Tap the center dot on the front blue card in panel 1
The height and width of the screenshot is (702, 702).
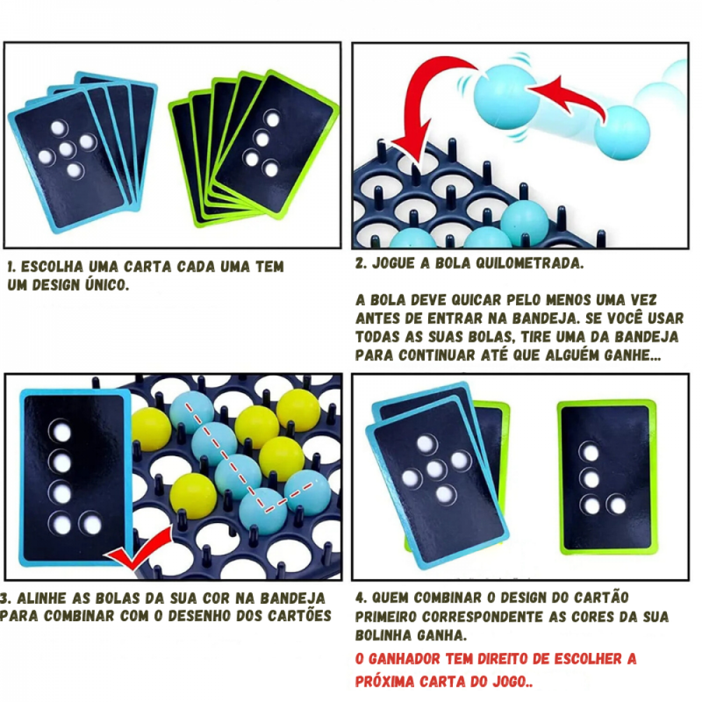(67, 150)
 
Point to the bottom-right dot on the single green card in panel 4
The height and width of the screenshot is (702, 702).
(617, 505)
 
